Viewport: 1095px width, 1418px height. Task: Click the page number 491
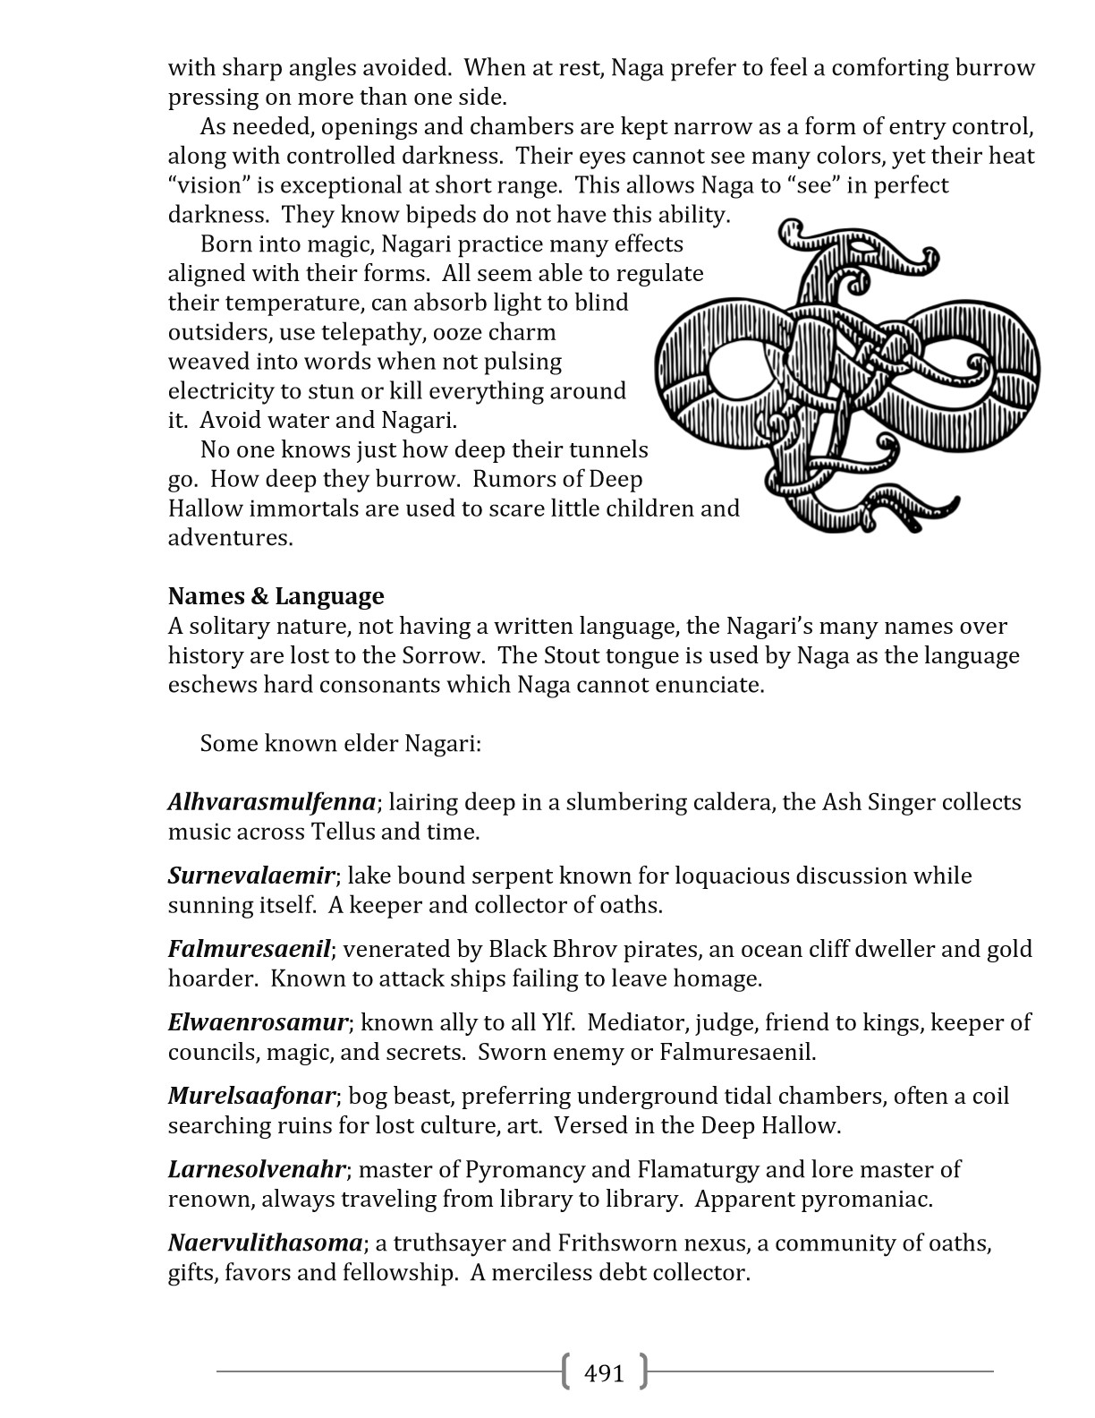604,1372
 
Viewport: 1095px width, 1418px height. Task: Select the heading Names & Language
276,596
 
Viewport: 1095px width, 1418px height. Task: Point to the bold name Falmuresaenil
250,948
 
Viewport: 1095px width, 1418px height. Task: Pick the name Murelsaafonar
251,1095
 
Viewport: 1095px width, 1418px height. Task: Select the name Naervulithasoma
266,1243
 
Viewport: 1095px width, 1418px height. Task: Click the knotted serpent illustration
847,376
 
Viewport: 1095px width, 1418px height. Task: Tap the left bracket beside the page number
566,1371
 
